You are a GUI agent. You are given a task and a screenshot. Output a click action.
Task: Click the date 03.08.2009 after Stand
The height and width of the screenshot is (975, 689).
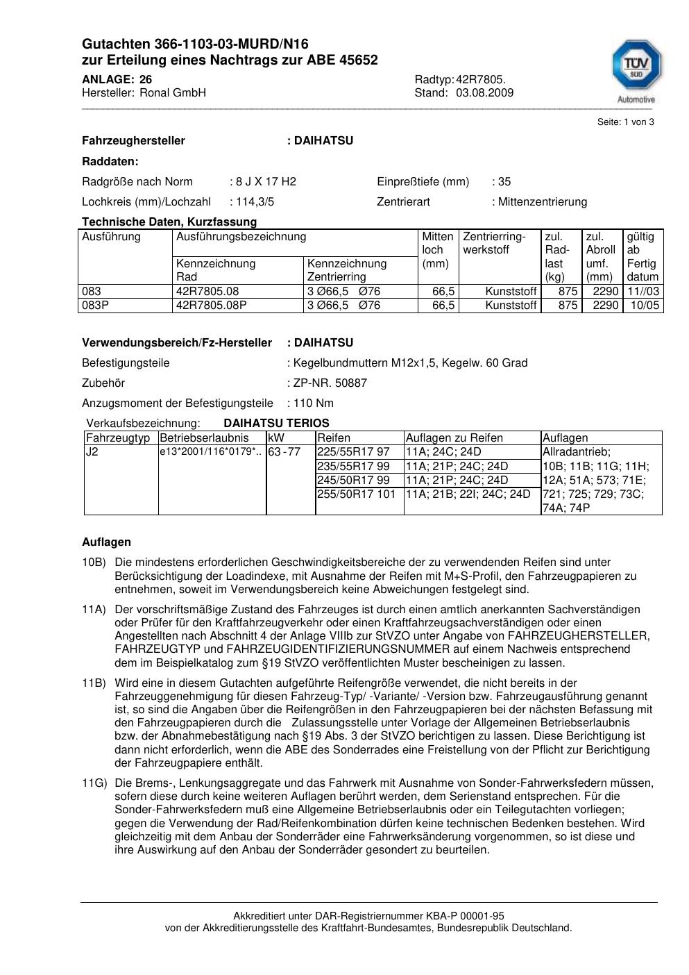484,92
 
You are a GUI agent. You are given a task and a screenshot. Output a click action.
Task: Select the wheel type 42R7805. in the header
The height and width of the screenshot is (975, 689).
480,79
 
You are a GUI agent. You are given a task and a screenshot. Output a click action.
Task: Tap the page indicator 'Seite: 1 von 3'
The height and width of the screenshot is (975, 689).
625,122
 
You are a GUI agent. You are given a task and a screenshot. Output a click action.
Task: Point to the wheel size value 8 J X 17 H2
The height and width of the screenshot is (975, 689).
266,182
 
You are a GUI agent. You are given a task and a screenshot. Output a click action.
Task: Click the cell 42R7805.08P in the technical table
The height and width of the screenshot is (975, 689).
212,306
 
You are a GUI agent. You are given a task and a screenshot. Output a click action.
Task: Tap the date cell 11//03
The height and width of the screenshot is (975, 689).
643,292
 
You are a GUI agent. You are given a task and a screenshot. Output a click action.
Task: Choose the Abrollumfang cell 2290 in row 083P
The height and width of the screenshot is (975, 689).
601,306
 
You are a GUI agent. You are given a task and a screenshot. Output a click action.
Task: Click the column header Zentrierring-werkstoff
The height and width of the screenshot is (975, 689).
494,243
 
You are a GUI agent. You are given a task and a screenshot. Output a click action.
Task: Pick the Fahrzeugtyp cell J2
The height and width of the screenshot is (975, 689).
92,452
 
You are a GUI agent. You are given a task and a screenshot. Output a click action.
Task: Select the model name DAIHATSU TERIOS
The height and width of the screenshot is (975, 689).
276,424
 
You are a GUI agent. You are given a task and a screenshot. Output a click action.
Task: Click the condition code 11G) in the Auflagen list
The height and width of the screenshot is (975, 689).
94,783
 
